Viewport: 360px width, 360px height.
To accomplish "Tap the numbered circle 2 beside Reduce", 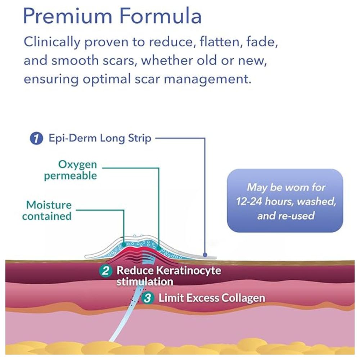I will pos(105,270).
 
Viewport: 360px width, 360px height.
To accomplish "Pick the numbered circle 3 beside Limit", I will pos(147,298).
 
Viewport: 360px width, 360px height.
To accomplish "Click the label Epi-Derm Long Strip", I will pos(100,138).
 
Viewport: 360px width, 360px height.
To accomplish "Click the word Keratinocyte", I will pos(189,270).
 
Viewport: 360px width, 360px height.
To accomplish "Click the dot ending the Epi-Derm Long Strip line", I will pos(205,255).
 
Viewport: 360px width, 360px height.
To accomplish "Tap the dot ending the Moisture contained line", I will pos(124,244).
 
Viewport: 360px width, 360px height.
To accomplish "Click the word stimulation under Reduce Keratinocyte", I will pos(145,281).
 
